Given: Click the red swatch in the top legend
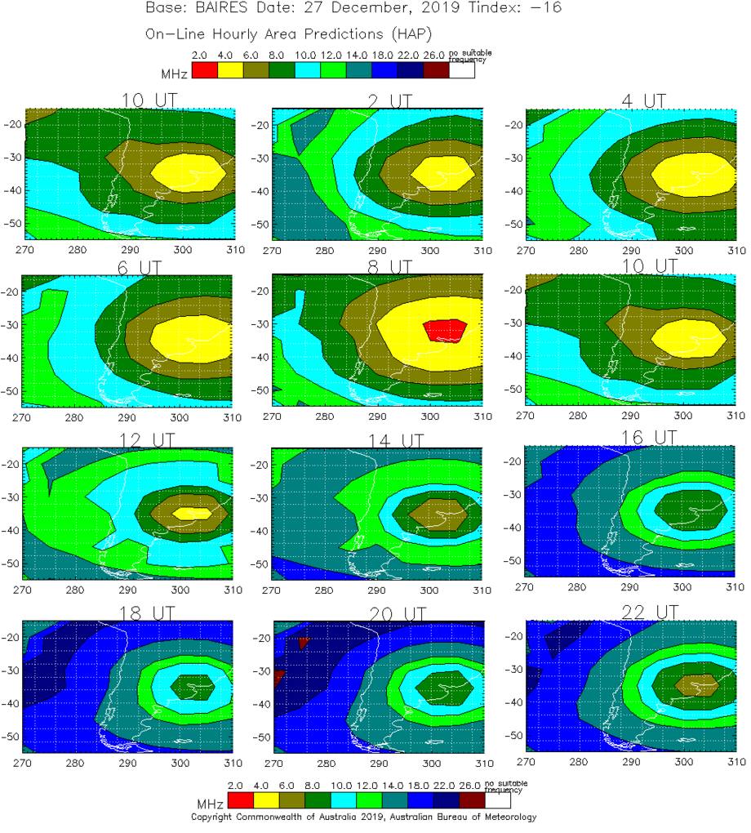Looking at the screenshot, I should coord(203,70).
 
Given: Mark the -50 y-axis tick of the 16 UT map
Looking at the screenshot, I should coord(514,562).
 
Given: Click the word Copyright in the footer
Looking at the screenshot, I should coord(213,817).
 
